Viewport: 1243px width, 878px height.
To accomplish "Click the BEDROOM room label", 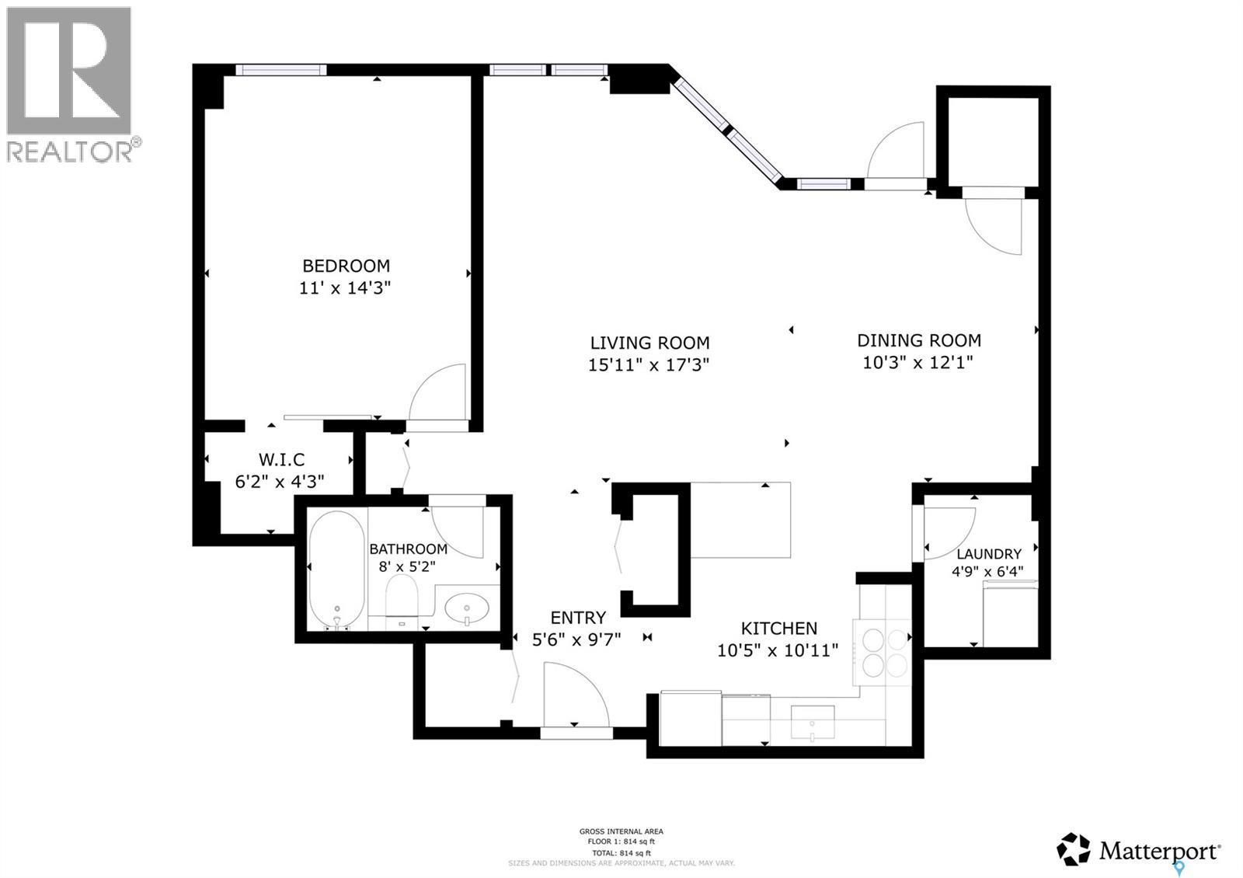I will (346, 265).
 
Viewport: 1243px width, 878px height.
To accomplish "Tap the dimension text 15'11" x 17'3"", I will (649, 364).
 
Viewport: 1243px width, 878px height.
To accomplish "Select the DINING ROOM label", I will (918, 340).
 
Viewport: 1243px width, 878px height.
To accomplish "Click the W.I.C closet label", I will (281, 459).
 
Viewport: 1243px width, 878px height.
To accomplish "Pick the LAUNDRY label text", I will (988, 554).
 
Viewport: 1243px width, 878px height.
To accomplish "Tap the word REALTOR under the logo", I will (70, 152).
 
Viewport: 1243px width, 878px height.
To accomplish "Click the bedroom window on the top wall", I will (280, 70).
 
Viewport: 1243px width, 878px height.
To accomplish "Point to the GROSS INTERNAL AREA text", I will (621, 831).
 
